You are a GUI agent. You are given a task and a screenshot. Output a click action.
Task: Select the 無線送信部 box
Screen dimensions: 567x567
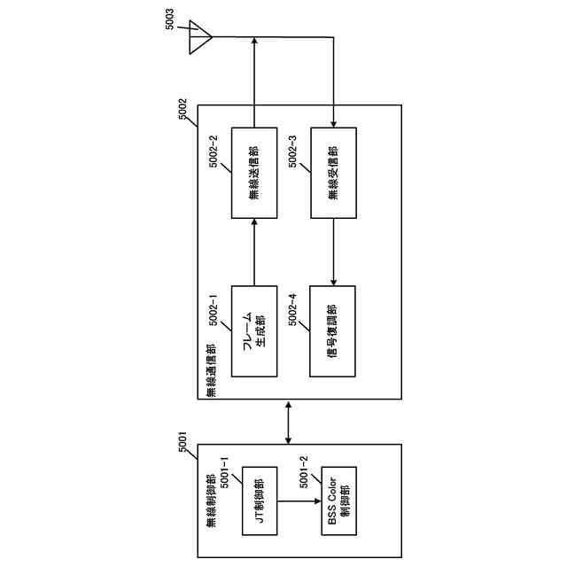coord(255,174)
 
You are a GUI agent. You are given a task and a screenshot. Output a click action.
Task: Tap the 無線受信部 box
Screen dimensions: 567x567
coord(332,174)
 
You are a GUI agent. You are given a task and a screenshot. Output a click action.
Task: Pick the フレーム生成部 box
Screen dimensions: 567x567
coord(255,330)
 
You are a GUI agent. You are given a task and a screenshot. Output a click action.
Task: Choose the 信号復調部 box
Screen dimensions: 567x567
coord(332,330)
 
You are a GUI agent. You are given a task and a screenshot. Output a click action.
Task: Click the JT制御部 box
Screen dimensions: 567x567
coord(259,501)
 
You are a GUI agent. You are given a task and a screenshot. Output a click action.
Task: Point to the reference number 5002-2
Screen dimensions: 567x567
coord(214,151)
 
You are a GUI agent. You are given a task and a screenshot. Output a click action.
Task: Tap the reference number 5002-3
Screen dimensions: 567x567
coord(292,151)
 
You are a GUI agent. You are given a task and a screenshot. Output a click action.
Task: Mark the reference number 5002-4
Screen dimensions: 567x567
coord(292,307)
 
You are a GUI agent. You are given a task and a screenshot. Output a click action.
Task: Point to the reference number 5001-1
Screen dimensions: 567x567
coord(224,479)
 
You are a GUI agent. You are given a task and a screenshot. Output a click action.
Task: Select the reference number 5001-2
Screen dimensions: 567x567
coord(304,479)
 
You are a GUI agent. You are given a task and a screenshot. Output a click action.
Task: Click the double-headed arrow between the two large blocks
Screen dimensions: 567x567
coord(290,421)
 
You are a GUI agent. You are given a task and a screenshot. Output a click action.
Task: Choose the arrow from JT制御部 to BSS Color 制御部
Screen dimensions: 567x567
coord(299,501)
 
